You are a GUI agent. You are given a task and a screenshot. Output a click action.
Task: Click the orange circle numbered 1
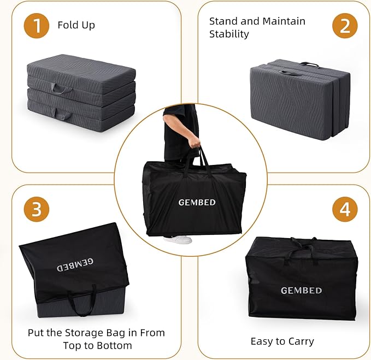(37, 26)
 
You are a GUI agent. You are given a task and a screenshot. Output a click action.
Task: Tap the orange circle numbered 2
(345, 26)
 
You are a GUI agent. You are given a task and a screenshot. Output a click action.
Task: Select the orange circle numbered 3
(37, 209)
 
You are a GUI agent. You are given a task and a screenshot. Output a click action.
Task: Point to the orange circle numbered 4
(345, 209)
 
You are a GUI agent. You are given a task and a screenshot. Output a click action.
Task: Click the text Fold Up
(76, 25)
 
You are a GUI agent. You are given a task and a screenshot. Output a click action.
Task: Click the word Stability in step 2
(229, 34)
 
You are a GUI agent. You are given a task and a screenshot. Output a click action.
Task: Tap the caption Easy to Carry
(282, 341)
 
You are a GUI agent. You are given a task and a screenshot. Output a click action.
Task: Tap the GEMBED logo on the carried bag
(197, 203)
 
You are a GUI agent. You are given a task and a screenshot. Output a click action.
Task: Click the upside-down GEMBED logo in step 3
(75, 265)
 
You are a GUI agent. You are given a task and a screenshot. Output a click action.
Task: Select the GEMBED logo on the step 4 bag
(301, 291)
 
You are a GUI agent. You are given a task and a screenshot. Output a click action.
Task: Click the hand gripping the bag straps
(195, 142)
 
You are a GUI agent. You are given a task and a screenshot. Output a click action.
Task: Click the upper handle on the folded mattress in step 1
(61, 88)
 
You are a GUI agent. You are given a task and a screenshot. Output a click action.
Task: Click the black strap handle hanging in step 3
(83, 301)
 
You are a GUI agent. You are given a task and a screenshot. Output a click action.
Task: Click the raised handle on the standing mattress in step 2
(310, 64)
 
